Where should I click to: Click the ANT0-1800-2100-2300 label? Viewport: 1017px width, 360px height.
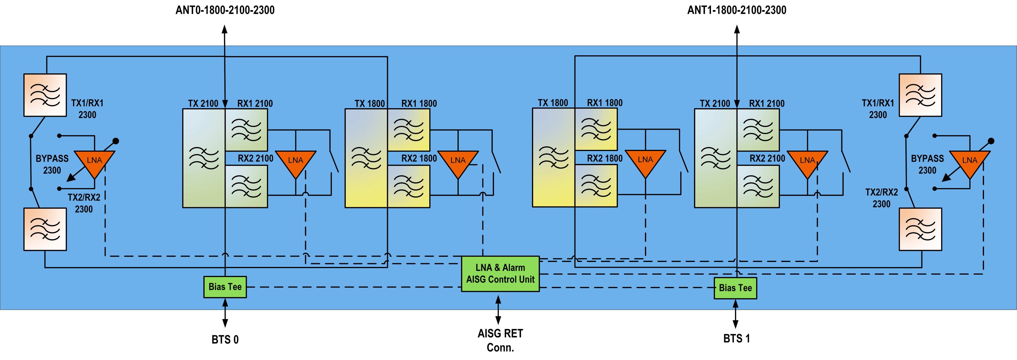coord(225,10)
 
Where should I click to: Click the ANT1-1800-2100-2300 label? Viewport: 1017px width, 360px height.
coord(737,10)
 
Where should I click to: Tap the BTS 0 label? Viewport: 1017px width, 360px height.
coord(225,339)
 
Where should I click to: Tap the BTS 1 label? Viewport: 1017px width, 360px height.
coord(736,338)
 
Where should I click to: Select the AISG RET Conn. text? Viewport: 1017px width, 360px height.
coord(500,340)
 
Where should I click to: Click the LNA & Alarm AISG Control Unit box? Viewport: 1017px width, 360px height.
coord(500,274)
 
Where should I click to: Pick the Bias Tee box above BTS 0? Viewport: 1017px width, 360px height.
coord(225,287)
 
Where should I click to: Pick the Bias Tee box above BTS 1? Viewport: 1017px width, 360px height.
coord(735,288)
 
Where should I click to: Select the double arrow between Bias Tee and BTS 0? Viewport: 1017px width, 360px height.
coord(225,313)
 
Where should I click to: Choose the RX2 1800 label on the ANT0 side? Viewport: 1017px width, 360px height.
coord(419,159)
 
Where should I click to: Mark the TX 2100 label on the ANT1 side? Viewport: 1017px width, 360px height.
coord(715,104)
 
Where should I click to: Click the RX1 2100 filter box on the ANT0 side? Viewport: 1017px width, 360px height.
coord(246,130)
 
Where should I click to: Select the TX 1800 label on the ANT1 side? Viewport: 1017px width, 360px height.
coord(553,103)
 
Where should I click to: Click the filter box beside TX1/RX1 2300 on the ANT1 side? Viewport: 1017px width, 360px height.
coord(920,95)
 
